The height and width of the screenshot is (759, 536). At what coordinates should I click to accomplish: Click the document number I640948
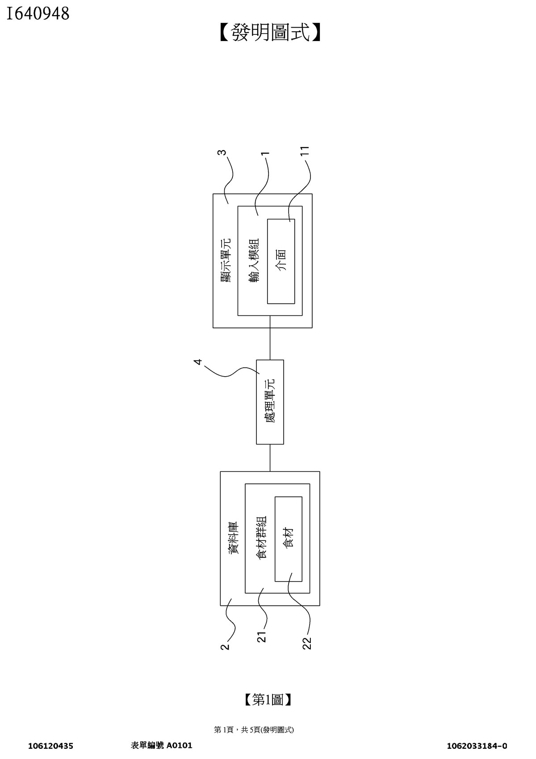(x=38, y=14)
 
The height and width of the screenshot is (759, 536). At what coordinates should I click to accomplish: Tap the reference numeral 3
(x=222, y=152)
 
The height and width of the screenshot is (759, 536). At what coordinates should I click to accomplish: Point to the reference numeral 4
(x=199, y=361)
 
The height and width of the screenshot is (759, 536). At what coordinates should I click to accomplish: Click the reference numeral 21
(x=262, y=636)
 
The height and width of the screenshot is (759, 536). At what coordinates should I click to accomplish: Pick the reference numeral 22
(x=307, y=642)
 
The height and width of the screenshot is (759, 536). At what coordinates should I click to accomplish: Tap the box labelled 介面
(x=281, y=261)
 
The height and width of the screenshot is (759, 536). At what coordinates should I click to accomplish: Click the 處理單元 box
(x=270, y=402)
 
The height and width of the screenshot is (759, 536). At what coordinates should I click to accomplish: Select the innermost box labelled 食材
(x=289, y=539)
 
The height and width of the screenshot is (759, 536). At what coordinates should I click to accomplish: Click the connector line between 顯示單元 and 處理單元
(x=270, y=344)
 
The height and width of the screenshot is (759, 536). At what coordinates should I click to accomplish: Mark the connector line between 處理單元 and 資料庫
(x=270, y=457)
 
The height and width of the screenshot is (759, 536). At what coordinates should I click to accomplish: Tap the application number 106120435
(x=50, y=746)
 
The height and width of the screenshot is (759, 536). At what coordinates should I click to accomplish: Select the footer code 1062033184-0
(x=477, y=746)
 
